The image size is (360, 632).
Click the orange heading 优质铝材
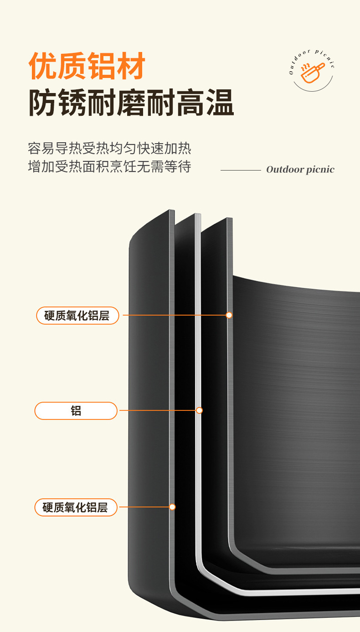pyautogui.click(x=87, y=67)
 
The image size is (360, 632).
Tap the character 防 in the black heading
pyautogui.click(x=43, y=103)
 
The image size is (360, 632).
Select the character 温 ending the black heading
pyautogui.click(x=220, y=103)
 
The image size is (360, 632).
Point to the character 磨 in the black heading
pyautogui.click(x=131, y=103)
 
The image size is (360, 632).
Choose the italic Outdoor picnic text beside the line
pyautogui.click(x=300, y=170)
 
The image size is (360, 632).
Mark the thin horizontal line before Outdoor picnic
pyautogui.click(x=241, y=170)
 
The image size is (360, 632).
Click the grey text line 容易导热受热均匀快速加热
pyautogui.click(x=109, y=149)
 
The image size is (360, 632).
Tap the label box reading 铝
pyautogui.click(x=76, y=411)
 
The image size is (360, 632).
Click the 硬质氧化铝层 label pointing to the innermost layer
pyautogui.click(x=77, y=316)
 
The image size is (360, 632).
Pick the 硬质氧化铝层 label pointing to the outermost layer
pyautogui.click(x=76, y=508)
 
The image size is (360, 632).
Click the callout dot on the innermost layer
pyautogui.click(x=229, y=315)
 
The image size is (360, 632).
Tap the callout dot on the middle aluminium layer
pyautogui.click(x=199, y=410)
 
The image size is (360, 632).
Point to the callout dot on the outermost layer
pyautogui.click(x=172, y=507)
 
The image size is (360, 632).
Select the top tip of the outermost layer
pyautogui.click(x=172, y=211)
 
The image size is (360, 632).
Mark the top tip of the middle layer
pyautogui.click(x=198, y=215)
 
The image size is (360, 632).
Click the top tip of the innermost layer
pyautogui.click(x=230, y=219)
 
